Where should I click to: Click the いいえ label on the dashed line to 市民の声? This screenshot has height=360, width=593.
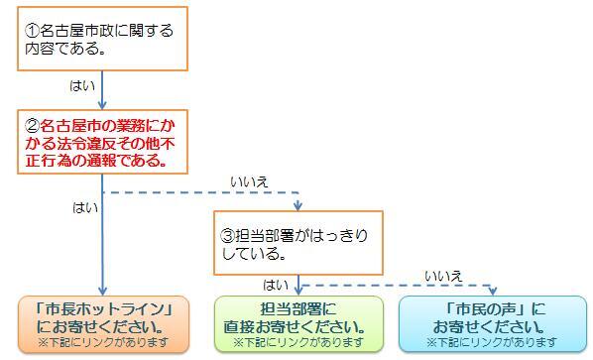tap(443, 276)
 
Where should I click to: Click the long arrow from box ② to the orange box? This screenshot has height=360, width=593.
tap(102, 238)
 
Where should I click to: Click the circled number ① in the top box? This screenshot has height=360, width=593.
tap(32, 31)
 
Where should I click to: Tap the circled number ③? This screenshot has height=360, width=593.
tap(228, 238)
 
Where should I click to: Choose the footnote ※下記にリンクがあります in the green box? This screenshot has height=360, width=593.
tap(296, 342)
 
